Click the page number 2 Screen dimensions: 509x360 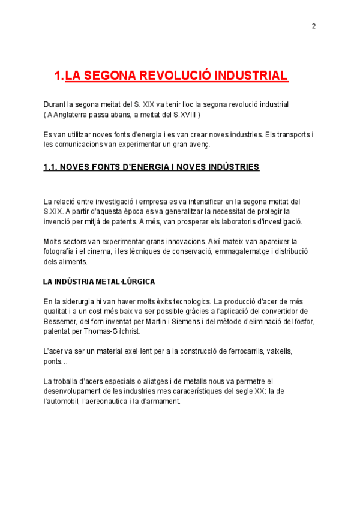[x=313, y=26]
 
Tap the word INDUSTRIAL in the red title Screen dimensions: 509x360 [x=251, y=76]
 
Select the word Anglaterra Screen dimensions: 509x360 [x=73, y=114]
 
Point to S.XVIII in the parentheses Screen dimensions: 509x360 [x=182, y=114]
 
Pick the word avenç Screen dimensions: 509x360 [x=197, y=144]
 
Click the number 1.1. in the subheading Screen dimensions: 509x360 [x=50, y=167]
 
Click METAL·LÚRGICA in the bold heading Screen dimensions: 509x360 [x=125, y=281]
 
